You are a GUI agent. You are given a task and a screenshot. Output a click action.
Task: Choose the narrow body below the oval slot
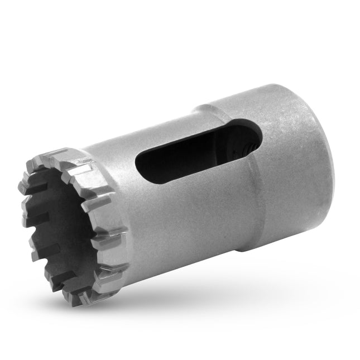point(184,218)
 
